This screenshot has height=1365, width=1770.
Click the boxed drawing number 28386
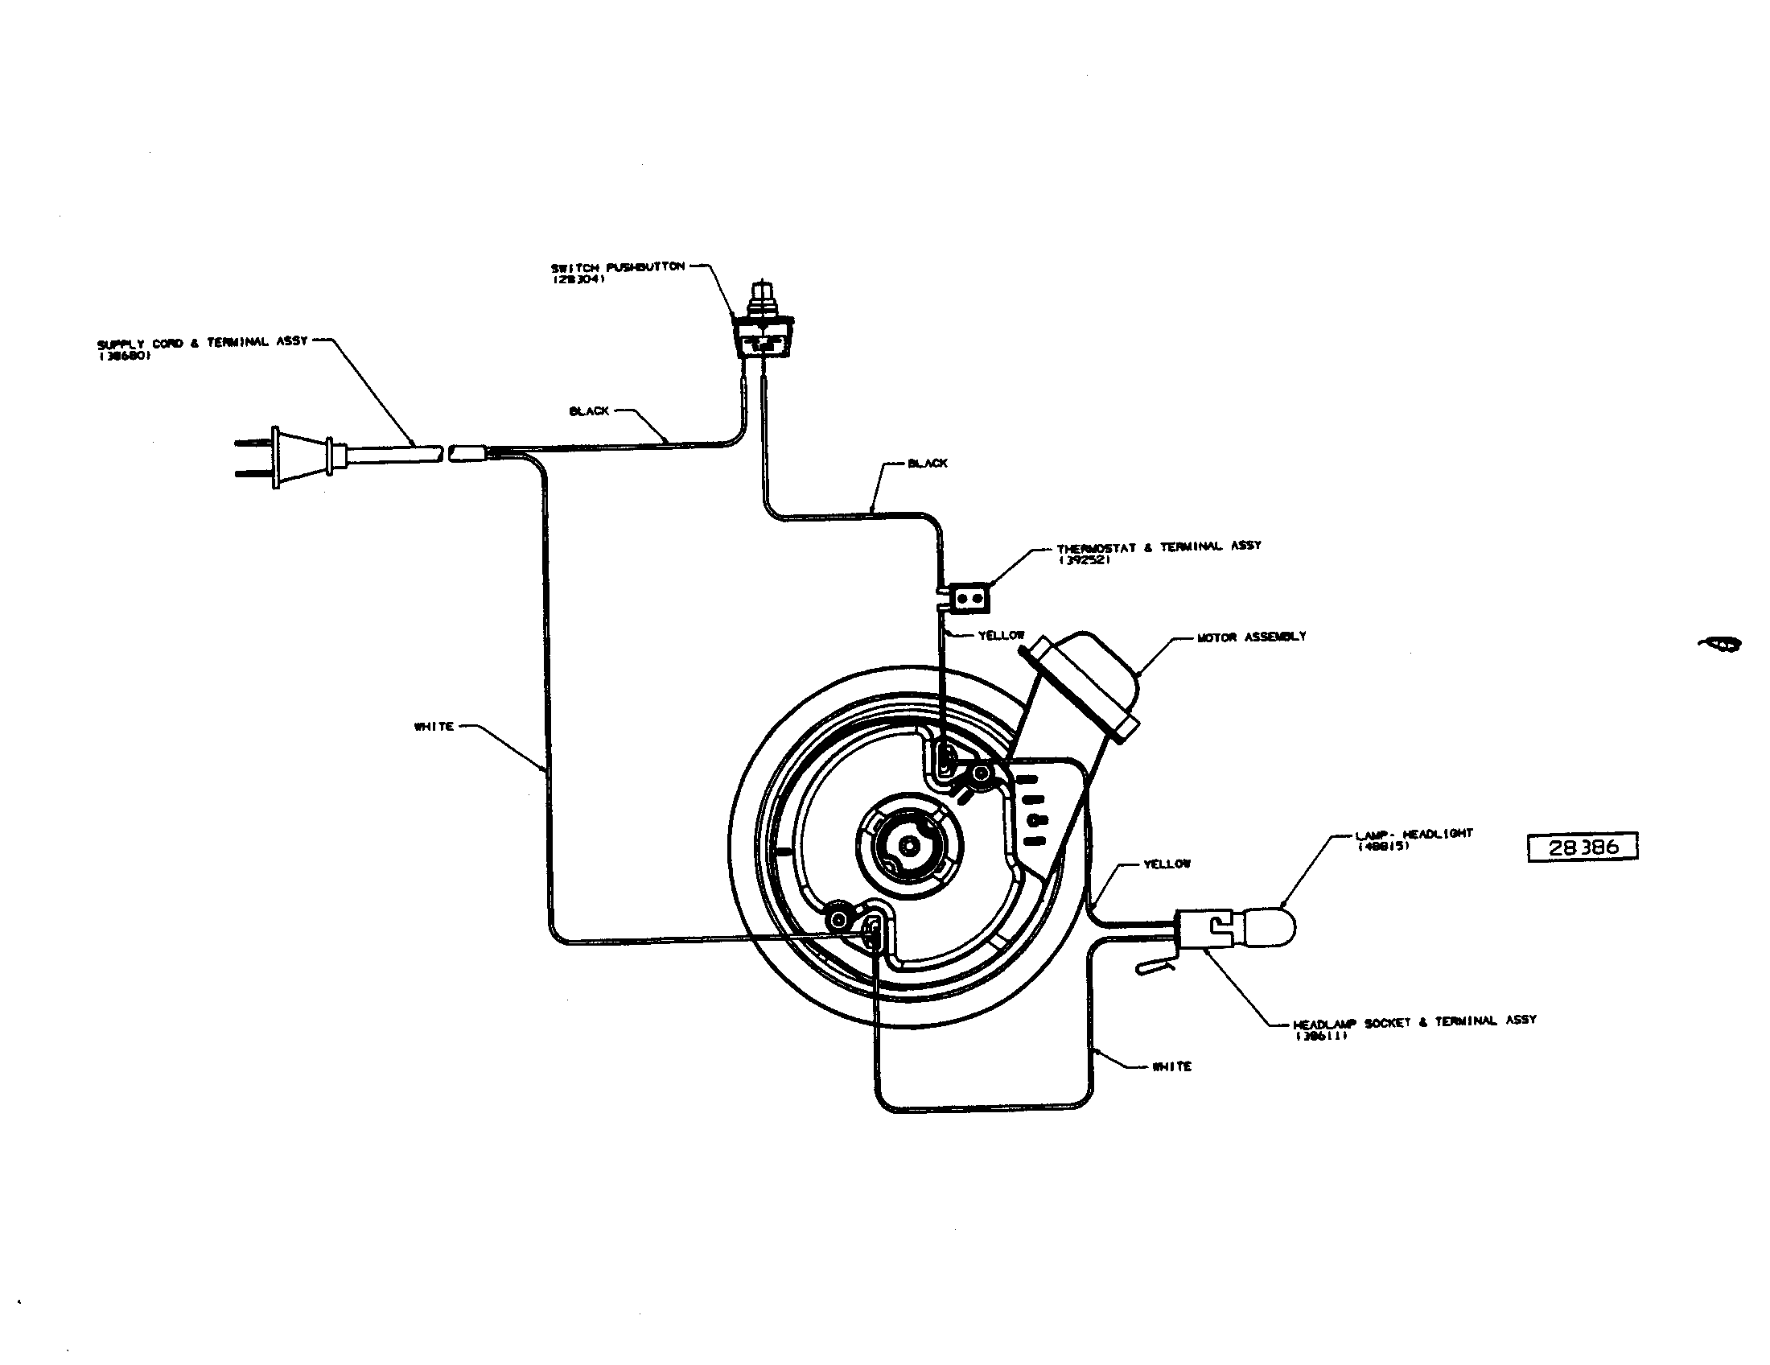[1582, 847]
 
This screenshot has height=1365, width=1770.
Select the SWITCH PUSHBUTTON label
[619, 266]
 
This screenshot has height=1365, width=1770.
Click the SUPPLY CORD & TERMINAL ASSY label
[203, 342]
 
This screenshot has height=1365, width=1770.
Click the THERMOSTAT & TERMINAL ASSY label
[1158, 546]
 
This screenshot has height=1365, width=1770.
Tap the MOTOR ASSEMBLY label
[1251, 637]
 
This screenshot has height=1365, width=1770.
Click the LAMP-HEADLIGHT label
[1414, 833]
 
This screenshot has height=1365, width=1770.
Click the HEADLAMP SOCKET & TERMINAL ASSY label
[1414, 1021]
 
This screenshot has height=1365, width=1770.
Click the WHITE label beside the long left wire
[434, 726]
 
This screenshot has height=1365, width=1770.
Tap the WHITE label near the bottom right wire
[1172, 1066]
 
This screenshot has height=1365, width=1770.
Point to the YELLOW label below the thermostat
[1002, 636]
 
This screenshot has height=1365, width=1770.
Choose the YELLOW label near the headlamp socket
[1167, 864]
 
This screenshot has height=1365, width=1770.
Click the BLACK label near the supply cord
[589, 411]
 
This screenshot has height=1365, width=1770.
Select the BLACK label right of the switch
[927, 463]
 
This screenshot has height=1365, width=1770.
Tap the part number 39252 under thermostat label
[1085, 559]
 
